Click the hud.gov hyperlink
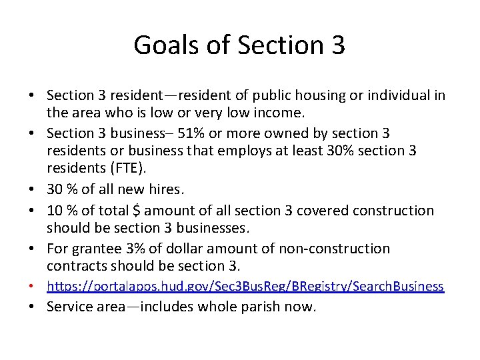point(245,286)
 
